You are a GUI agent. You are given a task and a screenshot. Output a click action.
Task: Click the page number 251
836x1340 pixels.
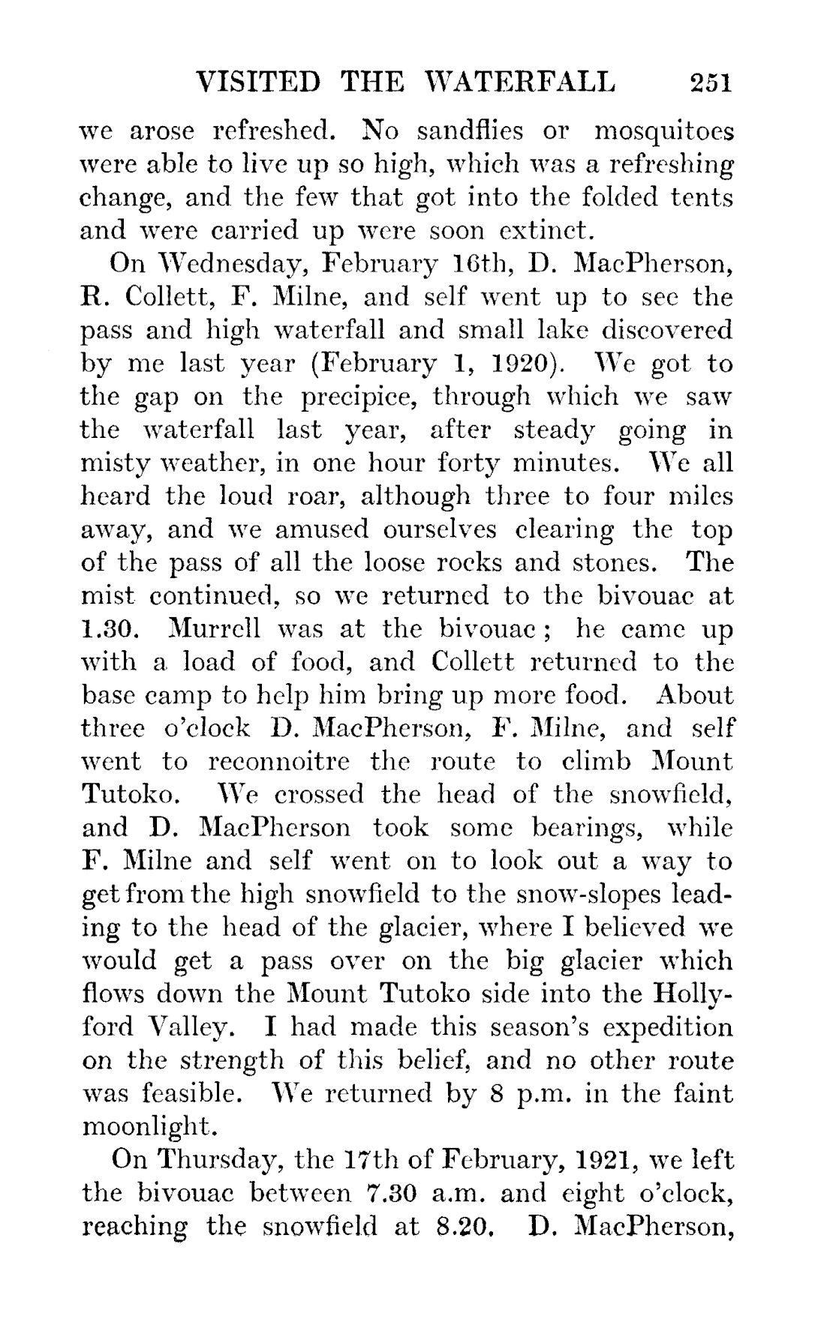711,82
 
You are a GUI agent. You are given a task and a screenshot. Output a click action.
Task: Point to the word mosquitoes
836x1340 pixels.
663,134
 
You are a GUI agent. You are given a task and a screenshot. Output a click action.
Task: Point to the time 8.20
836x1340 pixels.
458,1227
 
